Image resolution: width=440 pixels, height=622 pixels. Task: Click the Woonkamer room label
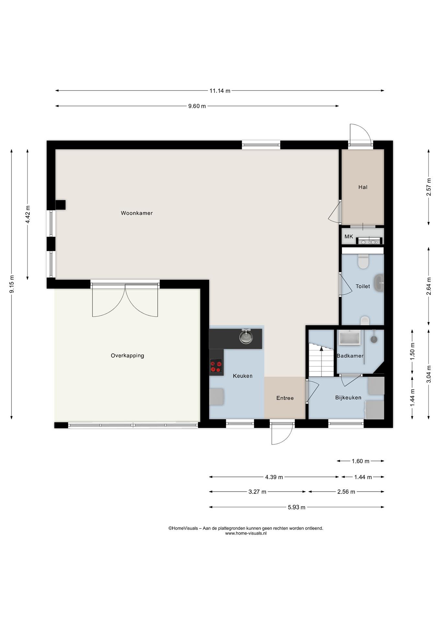[x=137, y=213]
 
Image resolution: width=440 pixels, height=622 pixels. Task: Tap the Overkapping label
[x=127, y=356]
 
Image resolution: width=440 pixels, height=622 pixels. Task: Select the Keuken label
[x=243, y=376]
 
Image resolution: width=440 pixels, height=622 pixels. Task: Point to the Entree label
[x=285, y=398]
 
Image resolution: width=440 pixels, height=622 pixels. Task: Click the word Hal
[x=363, y=187]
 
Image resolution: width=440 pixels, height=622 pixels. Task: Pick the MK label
[x=349, y=236]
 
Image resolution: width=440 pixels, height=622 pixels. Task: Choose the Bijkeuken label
[x=348, y=398]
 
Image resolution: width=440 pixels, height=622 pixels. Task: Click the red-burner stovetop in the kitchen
[x=216, y=365]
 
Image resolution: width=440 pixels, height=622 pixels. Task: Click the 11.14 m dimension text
[x=220, y=91]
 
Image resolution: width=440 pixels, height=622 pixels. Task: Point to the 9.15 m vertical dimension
[x=12, y=284]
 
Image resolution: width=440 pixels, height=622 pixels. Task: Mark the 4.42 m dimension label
[x=28, y=214]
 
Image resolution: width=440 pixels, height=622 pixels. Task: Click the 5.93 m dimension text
[x=296, y=507]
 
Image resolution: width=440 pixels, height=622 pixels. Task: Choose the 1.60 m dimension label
[x=360, y=461]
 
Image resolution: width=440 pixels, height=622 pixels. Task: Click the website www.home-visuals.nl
[x=246, y=533]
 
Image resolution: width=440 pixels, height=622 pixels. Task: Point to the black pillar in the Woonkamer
[x=60, y=205]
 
